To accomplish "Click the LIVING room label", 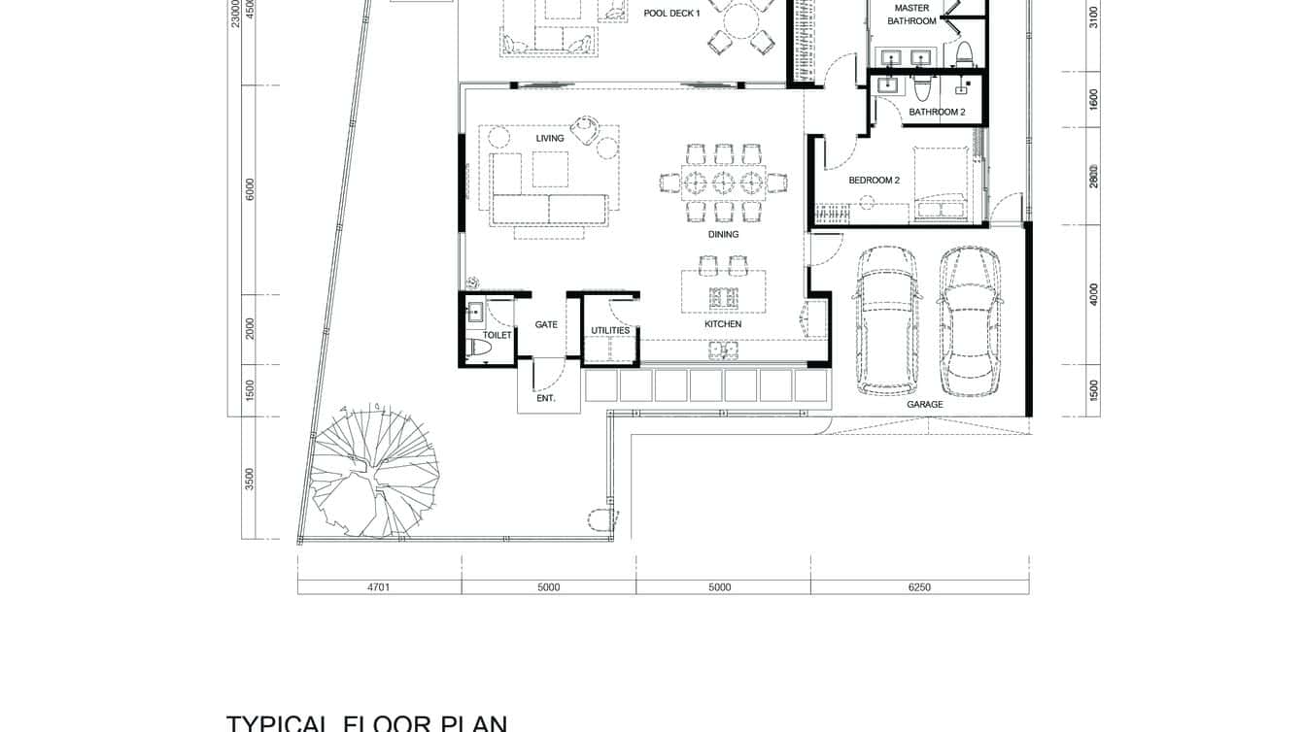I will (550, 139).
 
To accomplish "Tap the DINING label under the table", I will (723, 235).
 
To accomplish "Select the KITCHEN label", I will (723, 324).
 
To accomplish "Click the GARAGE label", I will (925, 405).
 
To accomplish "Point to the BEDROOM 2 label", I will (875, 181).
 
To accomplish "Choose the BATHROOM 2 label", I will (937, 113).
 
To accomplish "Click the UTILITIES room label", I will (610, 331).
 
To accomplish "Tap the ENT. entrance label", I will (546, 398).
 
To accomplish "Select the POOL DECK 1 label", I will (671, 14).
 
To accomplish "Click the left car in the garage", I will (884, 320).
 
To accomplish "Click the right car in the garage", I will (970, 320).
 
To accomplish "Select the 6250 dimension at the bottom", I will (918, 587).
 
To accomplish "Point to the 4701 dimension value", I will (378, 587).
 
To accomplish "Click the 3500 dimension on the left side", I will (250, 479).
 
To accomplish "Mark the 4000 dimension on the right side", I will (1093, 294).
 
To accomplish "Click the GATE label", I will (546, 324).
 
